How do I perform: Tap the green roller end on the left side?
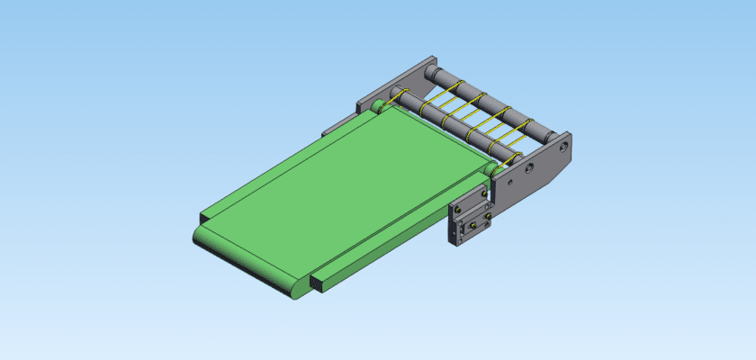(x=376, y=107)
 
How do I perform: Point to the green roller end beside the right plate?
(x=491, y=169)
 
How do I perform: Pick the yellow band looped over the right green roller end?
(x=500, y=166)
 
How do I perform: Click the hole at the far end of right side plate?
(x=564, y=143)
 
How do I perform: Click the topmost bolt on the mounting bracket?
(x=485, y=192)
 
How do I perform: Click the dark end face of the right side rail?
(x=317, y=283)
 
